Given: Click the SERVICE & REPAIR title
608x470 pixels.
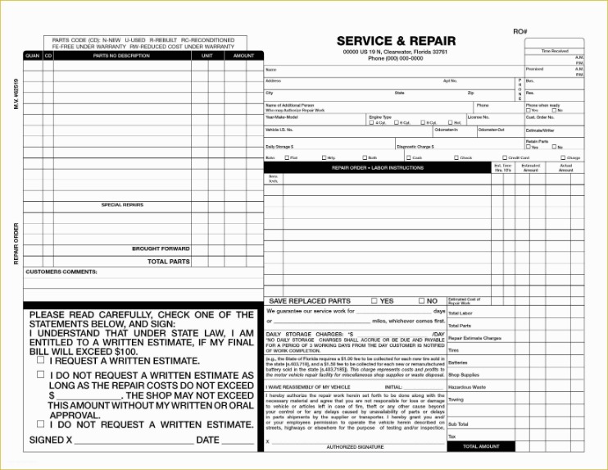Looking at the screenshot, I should (396, 41).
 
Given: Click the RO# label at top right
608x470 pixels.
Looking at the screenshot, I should (520, 31).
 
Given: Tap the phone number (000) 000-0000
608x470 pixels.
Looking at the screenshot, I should (396, 59).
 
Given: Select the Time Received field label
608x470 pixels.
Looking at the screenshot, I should (555, 51).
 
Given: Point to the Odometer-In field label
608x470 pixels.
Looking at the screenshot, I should (447, 130).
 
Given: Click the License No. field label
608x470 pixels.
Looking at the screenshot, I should (479, 117).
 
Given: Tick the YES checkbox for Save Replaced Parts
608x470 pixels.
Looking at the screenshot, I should (374, 301).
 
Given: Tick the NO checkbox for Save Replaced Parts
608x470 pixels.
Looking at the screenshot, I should (420, 301).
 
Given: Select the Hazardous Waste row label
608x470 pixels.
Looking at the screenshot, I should (467, 386).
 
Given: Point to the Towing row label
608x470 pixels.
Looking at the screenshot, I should (456, 399).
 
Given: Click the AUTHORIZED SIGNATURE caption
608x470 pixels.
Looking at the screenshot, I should (355, 448).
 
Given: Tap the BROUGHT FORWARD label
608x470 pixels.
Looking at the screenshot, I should (161, 249).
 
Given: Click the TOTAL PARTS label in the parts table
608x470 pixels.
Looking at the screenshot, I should (168, 262).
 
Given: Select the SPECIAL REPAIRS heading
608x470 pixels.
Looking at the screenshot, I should (122, 205).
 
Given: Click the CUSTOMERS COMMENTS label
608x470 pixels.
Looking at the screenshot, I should (61, 272).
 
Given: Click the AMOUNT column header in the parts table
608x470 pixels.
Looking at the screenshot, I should (243, 56).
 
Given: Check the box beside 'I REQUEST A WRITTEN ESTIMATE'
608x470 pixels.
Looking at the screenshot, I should (40, 359).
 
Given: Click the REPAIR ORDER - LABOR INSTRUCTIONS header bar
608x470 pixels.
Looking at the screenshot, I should (377, 167).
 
